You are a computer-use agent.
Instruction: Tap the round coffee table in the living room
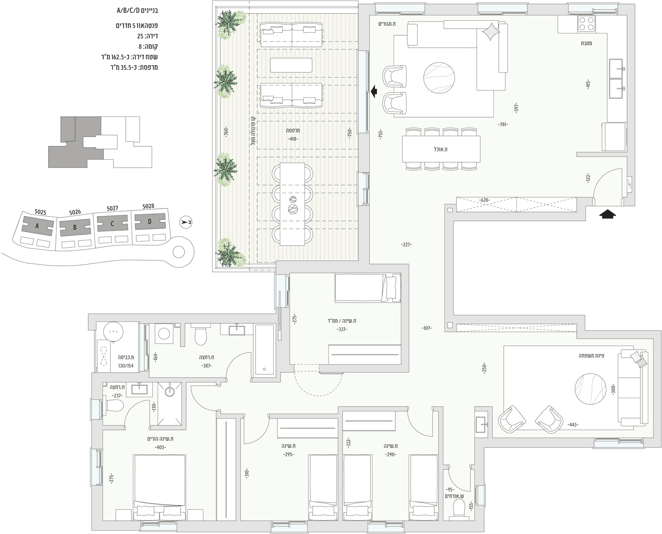tap(439, 78)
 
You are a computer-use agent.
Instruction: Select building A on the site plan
tap(38, 226)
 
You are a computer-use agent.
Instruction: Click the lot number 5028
tap(148, 206)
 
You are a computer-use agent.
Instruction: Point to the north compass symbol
tap(186, 222)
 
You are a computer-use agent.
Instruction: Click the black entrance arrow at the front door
tap(607, 214)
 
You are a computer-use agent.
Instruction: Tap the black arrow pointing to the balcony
tap(374, 91)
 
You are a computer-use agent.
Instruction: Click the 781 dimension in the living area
tap(503, 124)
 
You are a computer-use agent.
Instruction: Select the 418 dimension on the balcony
tap(293, 139)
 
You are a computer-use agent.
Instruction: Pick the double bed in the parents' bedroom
tap(160, 487)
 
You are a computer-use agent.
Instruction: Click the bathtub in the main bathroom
tap(264, 350)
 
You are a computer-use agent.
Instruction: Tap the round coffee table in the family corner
tap(590, 389)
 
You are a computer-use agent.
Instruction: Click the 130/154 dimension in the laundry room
tap(126, 366)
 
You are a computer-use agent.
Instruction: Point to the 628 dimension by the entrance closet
tap(484, 200)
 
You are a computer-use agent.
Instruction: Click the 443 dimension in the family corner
tap(573, 425)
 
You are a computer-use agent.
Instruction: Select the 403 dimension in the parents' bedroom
tap(160, 448)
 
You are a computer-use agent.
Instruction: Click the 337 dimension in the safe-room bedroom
tap(342, 329)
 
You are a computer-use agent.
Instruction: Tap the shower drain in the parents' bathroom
tap(170, 392)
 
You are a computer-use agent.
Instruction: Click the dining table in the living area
tap(441, 149)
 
